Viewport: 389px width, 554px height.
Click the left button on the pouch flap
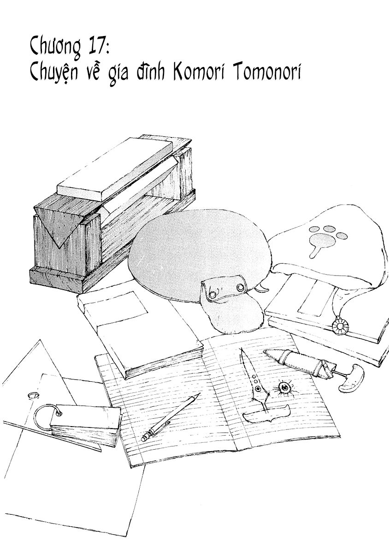pos(212,294)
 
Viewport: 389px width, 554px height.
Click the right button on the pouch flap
pos(240,288)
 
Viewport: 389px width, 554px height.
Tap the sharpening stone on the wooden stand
pos(114,170)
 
